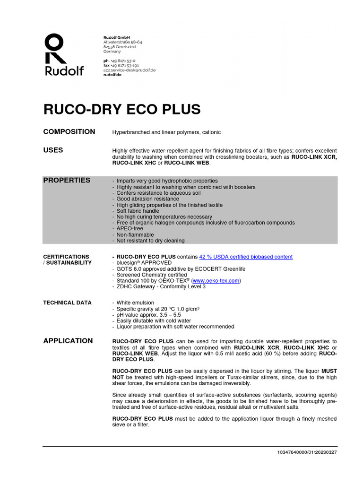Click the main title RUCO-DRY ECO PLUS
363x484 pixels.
[x=122, y=109]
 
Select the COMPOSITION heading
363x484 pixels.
[x=69, y=132]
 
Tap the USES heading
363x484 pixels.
[x=53, y=150]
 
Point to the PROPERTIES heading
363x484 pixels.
[x=67, y=180]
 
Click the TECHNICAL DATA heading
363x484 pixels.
[x=67, y=302]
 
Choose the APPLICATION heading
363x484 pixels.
[x=68, y=340]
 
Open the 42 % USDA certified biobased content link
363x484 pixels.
[x=245, y=257]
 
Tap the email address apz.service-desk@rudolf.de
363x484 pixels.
[x=129, y=70]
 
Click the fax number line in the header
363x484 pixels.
[x=121, y=65]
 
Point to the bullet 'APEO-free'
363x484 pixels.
[x=130, y=228]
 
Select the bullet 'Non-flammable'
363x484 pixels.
[x=135, y=234]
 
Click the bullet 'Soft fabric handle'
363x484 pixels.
[x=138, y=211]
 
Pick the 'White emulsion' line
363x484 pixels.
[x=135, y=302]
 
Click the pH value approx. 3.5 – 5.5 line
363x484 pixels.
[x=147, y=314]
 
